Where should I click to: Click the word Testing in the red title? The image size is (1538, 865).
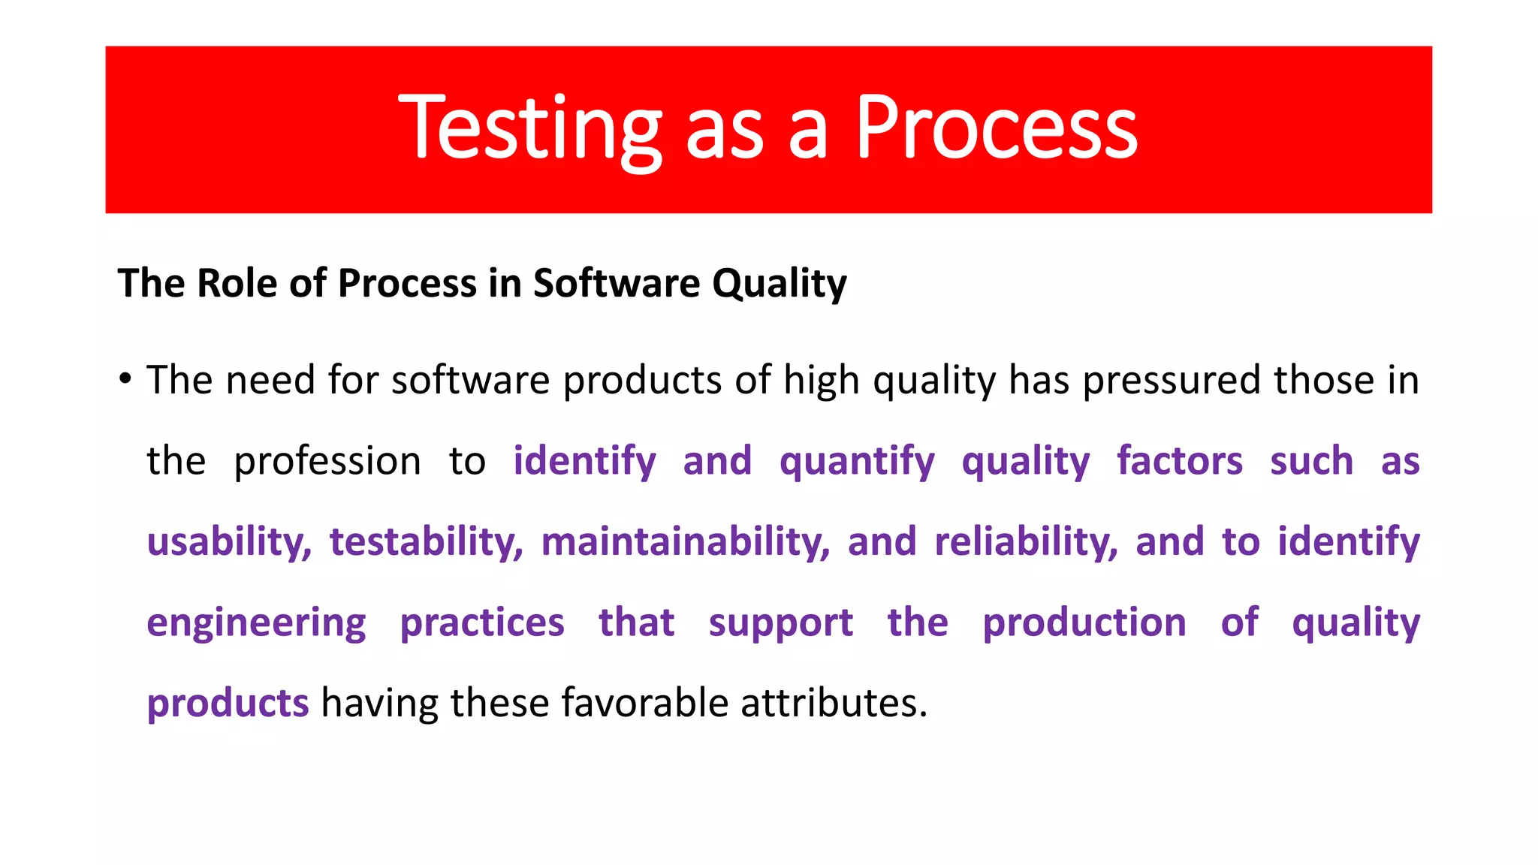tap(530, 129)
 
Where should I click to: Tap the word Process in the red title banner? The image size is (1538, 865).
tap(997, 129)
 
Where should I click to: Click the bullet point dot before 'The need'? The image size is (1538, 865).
tap(125, 378)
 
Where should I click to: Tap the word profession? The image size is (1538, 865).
tap(327, 461)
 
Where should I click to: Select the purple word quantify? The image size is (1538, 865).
tap(857, 461)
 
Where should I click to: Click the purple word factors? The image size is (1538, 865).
tap(1180, 461)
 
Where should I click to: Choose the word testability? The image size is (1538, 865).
tap(426, 542)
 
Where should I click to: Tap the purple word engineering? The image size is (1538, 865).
tap(256, 623)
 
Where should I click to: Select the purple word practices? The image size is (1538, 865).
tap(482, 623)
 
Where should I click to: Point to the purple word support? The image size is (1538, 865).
tap(780, 623)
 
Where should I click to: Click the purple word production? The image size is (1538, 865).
tap(1084, 623)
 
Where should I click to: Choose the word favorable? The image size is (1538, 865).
tap(645, 704)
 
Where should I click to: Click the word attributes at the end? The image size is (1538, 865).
tap(834, 704)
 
